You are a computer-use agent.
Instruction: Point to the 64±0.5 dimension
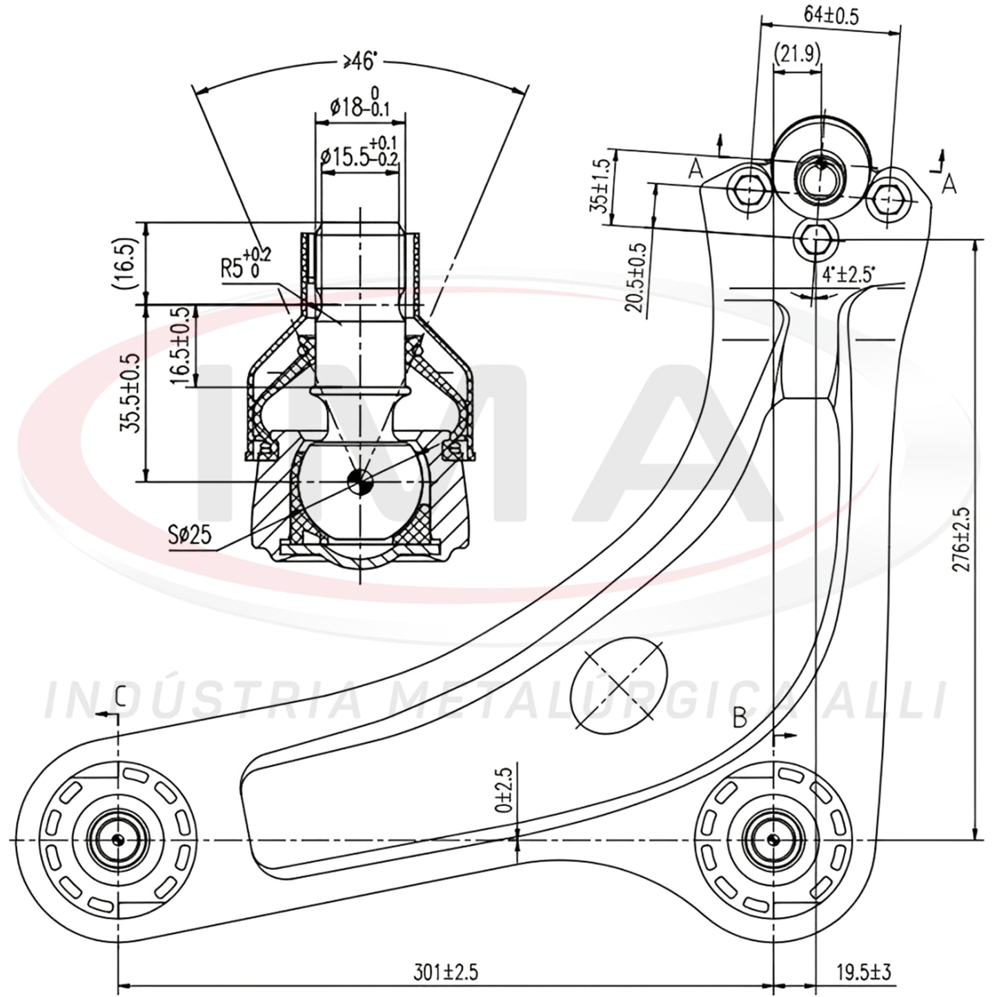point(831,16)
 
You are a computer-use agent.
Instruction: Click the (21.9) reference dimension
point(798,53)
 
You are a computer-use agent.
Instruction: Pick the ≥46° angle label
point(358,62)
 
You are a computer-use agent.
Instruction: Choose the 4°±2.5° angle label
point(849,273)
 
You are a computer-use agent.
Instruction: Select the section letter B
point(740,718)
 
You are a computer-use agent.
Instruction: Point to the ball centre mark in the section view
point(360,482)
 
